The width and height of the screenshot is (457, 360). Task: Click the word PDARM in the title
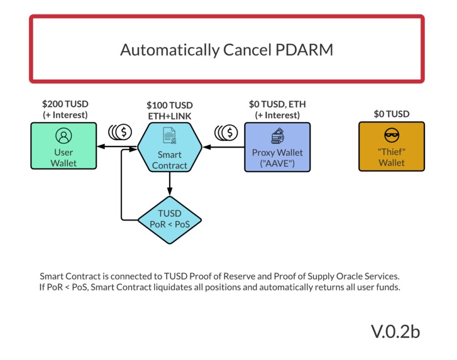304,50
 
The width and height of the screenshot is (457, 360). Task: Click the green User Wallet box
63,146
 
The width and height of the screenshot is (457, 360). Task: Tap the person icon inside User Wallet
63,136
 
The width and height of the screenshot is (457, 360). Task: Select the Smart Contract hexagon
170,147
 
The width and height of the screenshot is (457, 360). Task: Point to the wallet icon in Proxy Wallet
277,136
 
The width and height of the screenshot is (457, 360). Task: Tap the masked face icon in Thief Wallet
391,136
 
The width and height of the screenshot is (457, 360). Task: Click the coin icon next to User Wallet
119,133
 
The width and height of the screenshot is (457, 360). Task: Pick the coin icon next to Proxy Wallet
226,133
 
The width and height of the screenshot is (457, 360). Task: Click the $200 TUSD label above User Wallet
65,104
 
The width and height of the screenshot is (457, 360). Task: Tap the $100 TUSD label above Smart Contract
170,105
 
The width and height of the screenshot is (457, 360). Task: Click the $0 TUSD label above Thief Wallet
392,114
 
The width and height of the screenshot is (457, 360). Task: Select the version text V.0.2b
395,331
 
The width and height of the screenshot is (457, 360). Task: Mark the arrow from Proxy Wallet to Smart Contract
223,148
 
